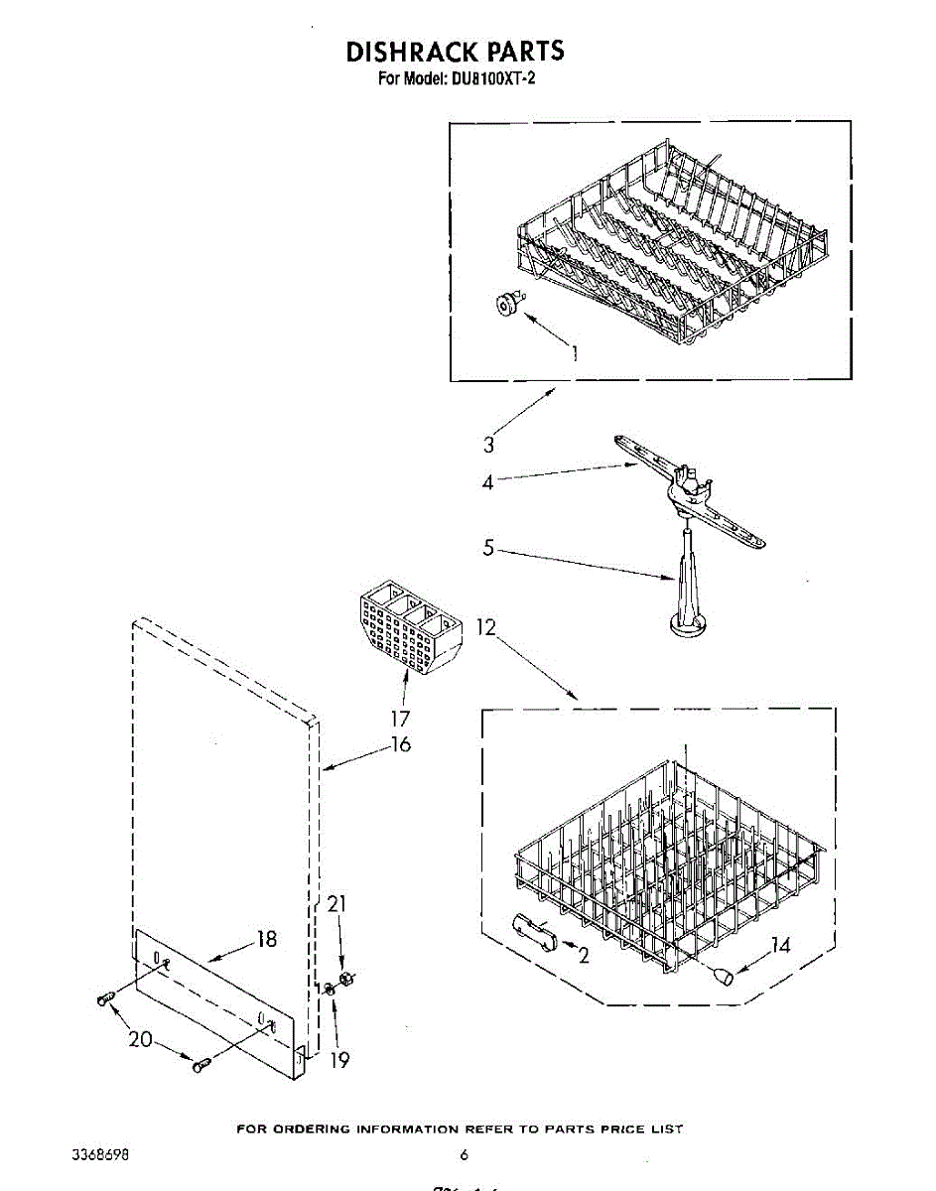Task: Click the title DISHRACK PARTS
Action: tap(455, 52)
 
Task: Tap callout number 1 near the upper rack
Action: tap(574, 353)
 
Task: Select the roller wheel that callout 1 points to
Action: tap(509, 308)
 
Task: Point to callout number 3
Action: tap(489, 445)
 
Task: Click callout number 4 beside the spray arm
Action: tap(487, 483)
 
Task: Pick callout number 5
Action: tap(487, 547)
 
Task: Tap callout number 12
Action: tap(485, 627)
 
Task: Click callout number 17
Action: tap(401, 718)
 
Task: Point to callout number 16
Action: tap(400, 744)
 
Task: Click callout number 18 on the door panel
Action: tap(267, 939)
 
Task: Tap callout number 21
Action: tap(338, 903)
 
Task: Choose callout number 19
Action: tap(339, 1060)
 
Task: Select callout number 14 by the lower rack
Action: tap(781, 945)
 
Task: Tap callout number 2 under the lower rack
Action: tap(583, 956)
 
